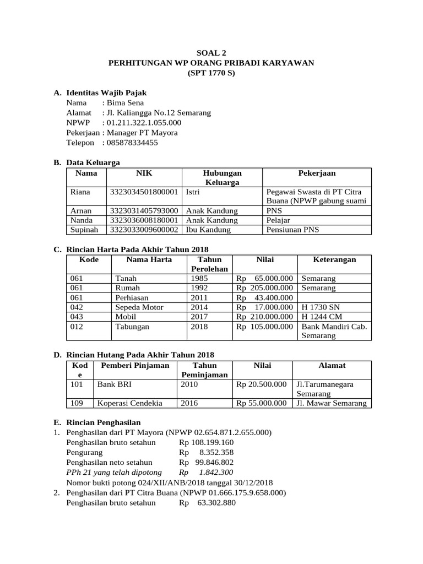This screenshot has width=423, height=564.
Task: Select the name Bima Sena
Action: pyautogui.click(x=125, y=103)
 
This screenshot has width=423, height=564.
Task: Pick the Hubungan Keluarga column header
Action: pyautogui.click(x=222, y=177)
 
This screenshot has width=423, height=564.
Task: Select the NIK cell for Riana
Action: pyautogui.click(x=144, y=192)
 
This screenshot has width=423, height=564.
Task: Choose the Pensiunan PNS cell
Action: pyautogui.click(x=292, y=230)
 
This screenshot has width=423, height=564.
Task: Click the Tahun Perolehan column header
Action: pyautogui.click(x=209, y=264)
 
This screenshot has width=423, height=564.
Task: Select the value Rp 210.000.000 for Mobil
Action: pyautogui.click(x=265, y=316)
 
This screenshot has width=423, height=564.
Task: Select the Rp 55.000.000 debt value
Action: pyautogui.click(x=262, y=403)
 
